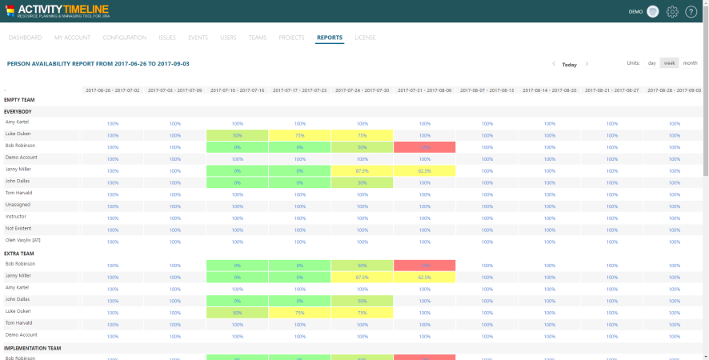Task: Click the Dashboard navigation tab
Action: [x=25, y=38]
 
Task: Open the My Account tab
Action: [x=72, y=38]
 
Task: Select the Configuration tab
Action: [x=124, y=38]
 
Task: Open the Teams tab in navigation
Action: [x=257, y=38]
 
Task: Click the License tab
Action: [x=365, y=38]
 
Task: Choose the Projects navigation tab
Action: [x=291, y=38]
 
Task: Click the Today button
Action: [x=569, y=64]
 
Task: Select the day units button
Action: [x=651, y=63]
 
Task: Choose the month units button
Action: [x=690, y=63]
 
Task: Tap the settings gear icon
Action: [x=672, y=12]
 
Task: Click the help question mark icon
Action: [x=691, y=12]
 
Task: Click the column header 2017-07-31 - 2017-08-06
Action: [x=424, y=90]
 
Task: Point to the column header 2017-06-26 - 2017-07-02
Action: [x=112, y=90]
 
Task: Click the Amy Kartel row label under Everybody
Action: [x=17, y=122]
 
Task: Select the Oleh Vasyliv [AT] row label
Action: [x=23, y=239]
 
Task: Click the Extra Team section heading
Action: [x=19, y=253]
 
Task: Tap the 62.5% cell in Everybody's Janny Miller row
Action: [x=424, y=170]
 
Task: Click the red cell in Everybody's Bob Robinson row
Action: [x=424, y=147]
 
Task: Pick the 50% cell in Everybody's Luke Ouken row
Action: [x=237, y=135]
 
